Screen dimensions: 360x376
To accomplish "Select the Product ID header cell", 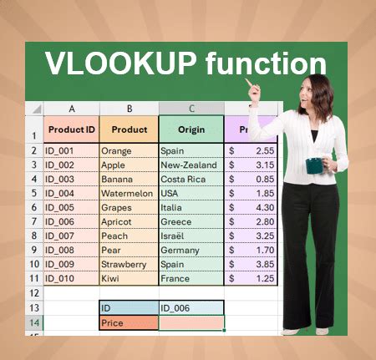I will (71, 129).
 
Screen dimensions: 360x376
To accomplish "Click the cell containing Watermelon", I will (128, 194).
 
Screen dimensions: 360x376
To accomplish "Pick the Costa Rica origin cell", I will (190, 180).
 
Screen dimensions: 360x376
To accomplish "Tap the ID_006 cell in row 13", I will (190, 307).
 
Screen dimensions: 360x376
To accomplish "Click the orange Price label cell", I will (128, 322).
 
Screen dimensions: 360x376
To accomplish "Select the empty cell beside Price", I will (190, 322).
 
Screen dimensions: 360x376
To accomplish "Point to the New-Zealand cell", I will (190, 165).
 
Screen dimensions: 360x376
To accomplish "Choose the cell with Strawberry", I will (128, 265).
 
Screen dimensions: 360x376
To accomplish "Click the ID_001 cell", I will (71, 151).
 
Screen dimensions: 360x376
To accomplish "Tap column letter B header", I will (129, 109).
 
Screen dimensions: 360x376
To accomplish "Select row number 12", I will (34, 293).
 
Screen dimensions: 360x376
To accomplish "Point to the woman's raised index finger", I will (246, 82).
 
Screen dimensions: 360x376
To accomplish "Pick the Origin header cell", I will (190, 129).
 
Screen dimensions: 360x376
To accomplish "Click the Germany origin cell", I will (190, 251).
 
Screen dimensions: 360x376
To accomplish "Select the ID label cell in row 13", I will (128, 307).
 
